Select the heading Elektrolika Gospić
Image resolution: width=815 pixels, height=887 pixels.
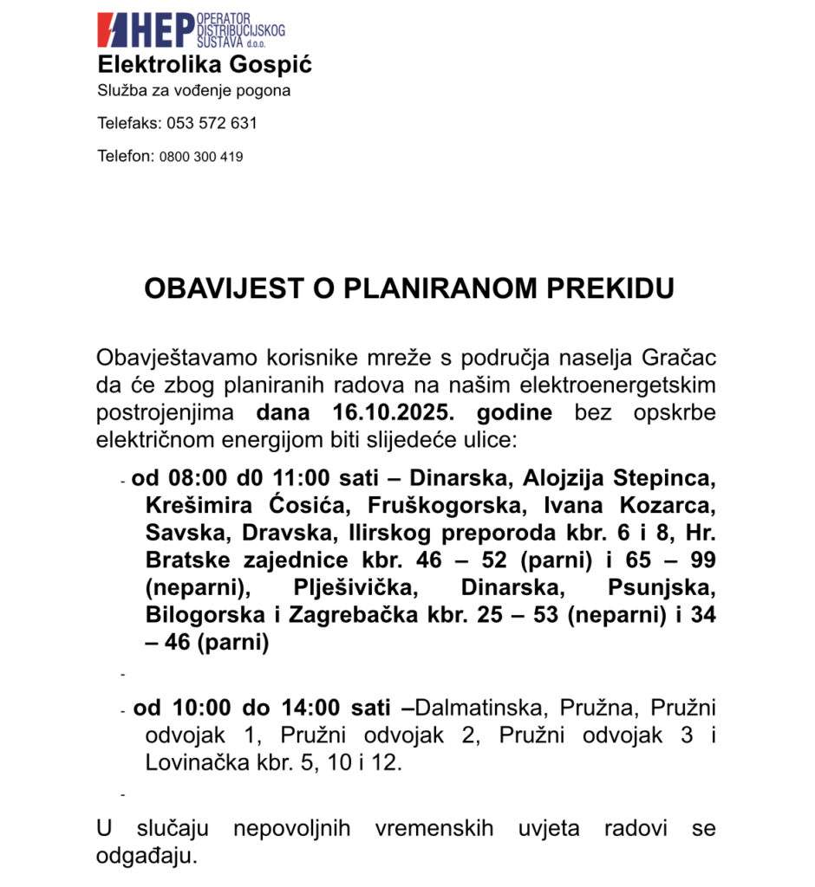(205, 65)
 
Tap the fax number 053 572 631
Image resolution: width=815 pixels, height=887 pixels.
(212, 123)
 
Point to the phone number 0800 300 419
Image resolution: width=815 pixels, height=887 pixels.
(201, 157)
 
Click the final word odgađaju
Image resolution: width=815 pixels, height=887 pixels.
(147, 857)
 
